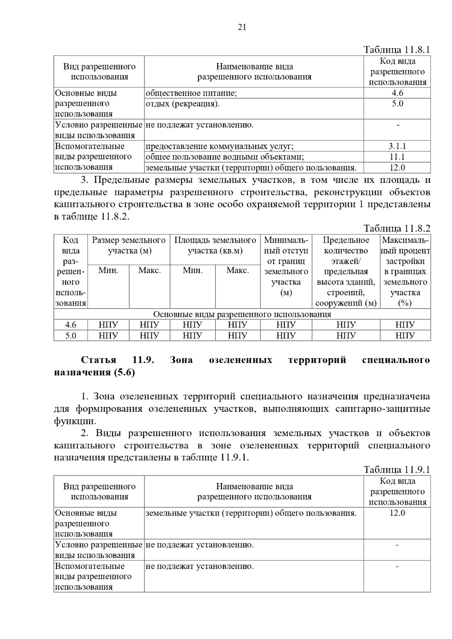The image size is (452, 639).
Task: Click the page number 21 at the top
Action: (x=242, y=27)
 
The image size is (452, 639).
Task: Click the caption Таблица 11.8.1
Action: (x=397, y=50)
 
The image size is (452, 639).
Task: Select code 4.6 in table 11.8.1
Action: (x=397, y=93)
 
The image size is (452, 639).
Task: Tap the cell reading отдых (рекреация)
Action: (x=182, y=104)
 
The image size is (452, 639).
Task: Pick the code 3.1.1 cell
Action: (x=397, y=146)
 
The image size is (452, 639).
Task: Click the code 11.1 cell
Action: (x=397, y=157)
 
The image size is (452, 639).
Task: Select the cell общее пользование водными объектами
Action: (x=225, y=157)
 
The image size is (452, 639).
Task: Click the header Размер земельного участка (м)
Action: (x=129, y=245)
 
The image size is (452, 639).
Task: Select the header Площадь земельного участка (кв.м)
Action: (x=215, y=245)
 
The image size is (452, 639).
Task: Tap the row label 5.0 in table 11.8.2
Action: (x=71, y=336)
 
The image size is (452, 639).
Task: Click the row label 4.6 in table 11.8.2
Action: (x=71, y=325)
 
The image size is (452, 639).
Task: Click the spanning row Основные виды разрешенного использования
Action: (x=242, y=314)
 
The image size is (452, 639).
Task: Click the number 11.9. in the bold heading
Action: (x=144, y=360)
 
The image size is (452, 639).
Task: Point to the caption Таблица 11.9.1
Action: (x=397, y=470)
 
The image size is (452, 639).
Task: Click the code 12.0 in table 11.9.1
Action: (x=397, y=513)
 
